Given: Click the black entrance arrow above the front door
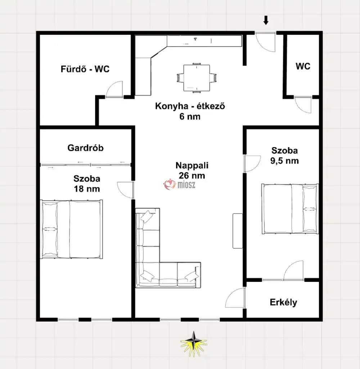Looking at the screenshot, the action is [x=266, y=20].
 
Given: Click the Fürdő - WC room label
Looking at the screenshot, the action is [x=85, y=69].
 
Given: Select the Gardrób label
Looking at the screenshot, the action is [x=85, y=148].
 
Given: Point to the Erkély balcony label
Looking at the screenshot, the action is [x=283, y=302].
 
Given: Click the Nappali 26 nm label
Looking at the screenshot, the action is [x=192, y=170].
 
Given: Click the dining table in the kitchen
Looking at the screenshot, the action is [x=197, y=78].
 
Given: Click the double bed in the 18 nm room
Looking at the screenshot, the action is [x=71, y=229].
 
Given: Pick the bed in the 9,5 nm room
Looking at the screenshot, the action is [x=290, y=209].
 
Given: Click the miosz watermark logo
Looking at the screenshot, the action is [x=179, y=184].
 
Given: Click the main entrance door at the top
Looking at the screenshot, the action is [x=266, y=42].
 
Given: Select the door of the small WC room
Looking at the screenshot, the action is [x=303, y=105].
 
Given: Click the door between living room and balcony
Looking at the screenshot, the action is [x=235, y=298].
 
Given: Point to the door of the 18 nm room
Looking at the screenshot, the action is [x=125, y=190].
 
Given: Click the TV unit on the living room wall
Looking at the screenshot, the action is [x=238, y=231].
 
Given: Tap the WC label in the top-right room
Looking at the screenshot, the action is [x=303, y=66].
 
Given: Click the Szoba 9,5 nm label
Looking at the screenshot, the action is [x=284, y=156].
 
